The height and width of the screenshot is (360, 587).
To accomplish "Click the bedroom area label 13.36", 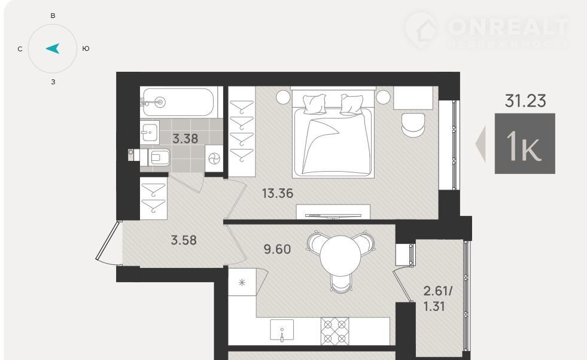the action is (x=278, y=194).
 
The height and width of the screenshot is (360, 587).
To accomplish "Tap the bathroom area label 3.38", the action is (x=185, y=139).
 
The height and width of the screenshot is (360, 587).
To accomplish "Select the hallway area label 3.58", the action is (x=184, y=240).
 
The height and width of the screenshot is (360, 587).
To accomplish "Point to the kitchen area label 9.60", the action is (x=277, y=249).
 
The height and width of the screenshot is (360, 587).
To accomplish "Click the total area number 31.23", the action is (x=525, y=101).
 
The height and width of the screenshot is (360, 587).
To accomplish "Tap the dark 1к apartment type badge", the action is (x=525, y=144).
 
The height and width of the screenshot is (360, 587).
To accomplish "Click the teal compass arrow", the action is (x=53, y=48).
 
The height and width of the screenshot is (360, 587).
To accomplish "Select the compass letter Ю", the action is (x=86, y=48).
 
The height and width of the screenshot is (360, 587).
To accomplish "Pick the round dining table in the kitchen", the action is (x=340, y=255).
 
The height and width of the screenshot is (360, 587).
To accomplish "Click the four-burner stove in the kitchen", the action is (x=334, y=331).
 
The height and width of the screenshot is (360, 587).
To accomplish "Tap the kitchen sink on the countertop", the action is (x=282, y=331).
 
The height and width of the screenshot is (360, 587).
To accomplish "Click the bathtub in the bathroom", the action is (x=178, y=102).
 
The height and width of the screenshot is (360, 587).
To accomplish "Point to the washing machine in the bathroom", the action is (x=214, y=159).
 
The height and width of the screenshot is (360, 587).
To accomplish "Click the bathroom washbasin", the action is (x=150, y=132).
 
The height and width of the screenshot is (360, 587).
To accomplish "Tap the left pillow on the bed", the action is (x=315, y=103).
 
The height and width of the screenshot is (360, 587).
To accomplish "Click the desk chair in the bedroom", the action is (x=413, y=125).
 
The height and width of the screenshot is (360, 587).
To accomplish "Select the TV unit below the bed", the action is (x=333, y=212).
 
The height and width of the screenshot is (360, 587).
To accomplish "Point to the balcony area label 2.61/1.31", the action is (x=437, y=298).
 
